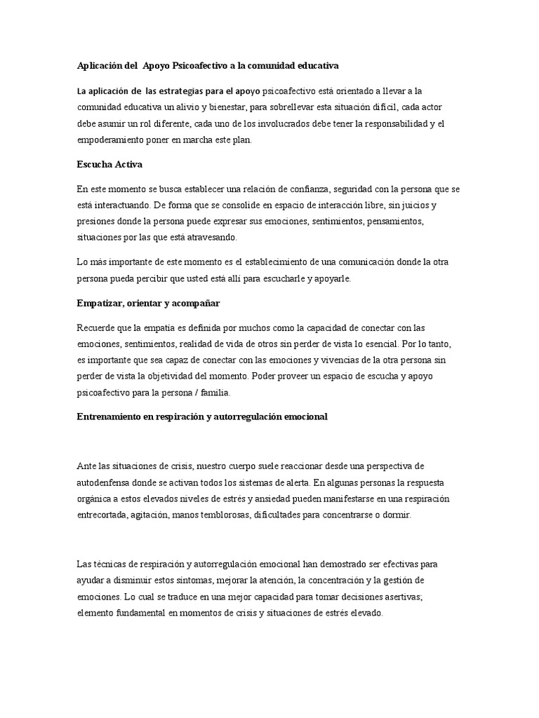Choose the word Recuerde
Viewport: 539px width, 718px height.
click(x=98, y=328)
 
